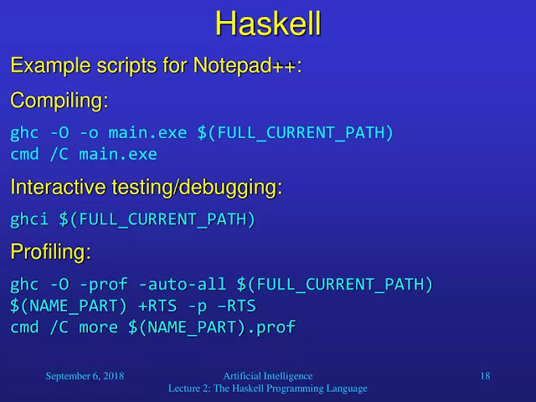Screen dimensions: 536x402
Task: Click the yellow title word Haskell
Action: click(268, 23)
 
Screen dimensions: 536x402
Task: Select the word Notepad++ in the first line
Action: click(245, 65)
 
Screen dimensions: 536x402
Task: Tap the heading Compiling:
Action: click(59, 101)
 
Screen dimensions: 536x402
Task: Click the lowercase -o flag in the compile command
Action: click(89, 132)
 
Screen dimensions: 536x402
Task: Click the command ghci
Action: click(29, 219)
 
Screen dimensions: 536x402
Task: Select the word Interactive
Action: click(58, 187)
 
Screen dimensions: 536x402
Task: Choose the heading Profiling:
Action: click(50, 252)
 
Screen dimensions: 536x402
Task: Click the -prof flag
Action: click(104, 285)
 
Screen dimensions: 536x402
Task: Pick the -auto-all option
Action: click(183, 285)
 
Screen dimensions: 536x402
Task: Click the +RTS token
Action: click(157, 306)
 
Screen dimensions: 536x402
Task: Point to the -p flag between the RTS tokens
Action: click(198, 307)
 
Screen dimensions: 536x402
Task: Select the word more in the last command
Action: click(99, 327)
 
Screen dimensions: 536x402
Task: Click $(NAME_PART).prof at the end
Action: click(212, 327)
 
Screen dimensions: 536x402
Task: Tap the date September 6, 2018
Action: click(85, 376)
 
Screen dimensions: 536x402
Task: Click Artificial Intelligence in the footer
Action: click(268, 376)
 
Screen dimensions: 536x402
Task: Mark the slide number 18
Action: click(486, 376)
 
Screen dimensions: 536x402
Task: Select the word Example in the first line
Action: click(50, 65)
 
